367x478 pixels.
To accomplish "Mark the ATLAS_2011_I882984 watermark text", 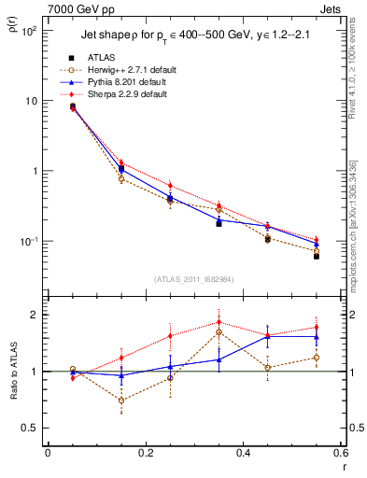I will [x=193, y=279].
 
